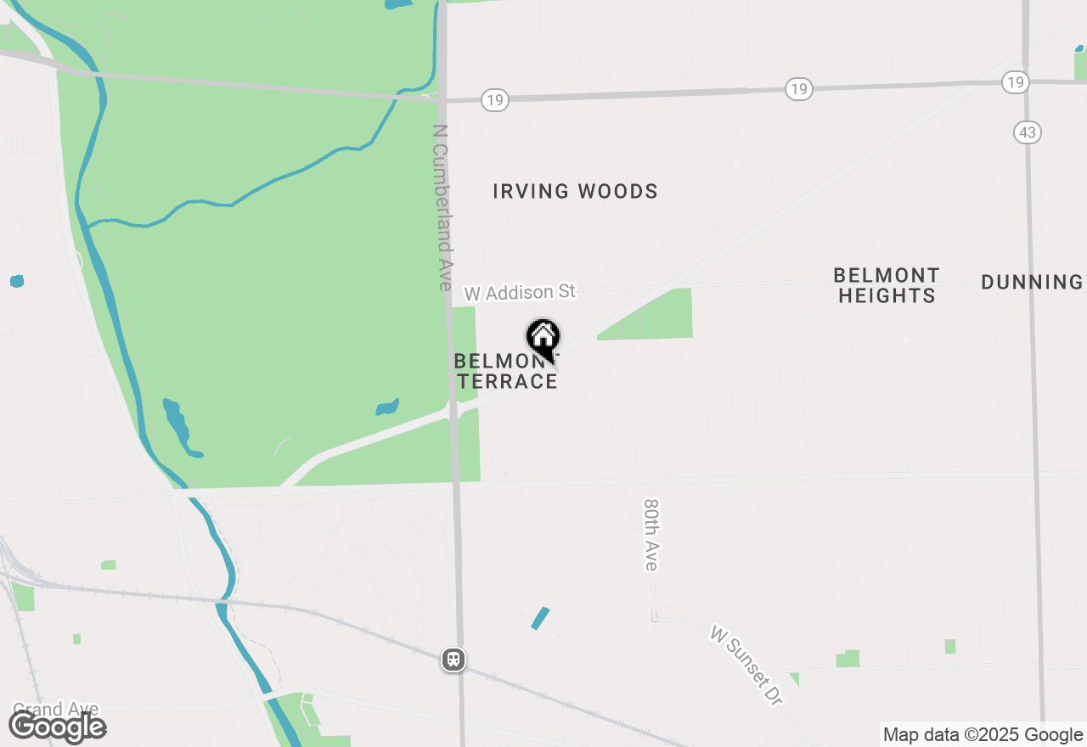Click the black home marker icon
click(x=543, y=339)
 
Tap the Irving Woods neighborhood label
click(x=575, y=192)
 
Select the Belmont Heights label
click(x=886, y=285)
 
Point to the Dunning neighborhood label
click(x=1032, y=282)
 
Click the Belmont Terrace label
click(x=506, y=372)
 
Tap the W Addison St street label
click(x=520, y=293)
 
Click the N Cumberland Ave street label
click(x=442, y=208)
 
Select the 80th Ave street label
click(x=651, y=534)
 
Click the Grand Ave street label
click(x=55, y=709)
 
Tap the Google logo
click(x=57, y=727)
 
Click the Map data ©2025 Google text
click(x=983, y=735)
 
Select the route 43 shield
click(x=1027, y=132)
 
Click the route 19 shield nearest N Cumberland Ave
click(x=494, y=101)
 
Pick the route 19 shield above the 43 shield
click(x=1015, y=82)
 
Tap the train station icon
click(x=453, y=660)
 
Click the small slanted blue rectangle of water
click(x=540, y=618)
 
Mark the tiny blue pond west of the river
click(x=17, y=281)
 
